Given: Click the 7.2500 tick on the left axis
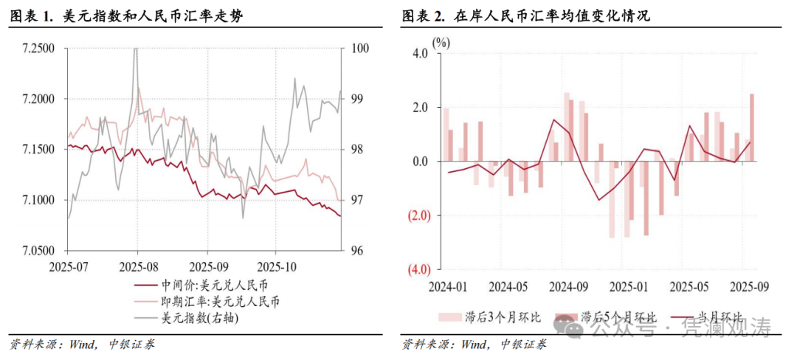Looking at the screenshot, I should [39, 49].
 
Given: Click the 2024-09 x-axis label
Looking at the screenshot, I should [570, 286].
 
